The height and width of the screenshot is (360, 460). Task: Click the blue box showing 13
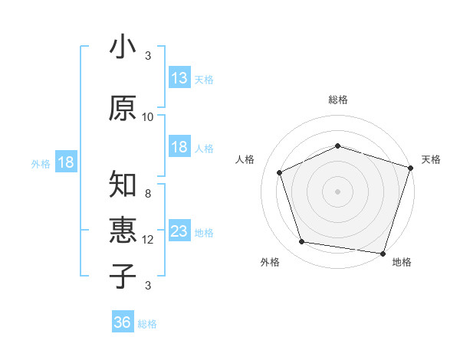[179, 78]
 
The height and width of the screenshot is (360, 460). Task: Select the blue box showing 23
[179, 231]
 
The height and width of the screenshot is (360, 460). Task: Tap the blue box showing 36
[123, 322]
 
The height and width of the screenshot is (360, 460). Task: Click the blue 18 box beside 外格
[65, 162]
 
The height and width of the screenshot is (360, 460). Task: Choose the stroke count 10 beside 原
[148, 117]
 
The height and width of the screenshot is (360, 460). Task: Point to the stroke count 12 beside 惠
[148, 240]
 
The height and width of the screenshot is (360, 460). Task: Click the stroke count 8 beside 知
[148, 194]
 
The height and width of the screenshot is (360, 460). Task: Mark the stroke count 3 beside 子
[148, 286]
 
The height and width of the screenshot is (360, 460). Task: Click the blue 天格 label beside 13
[204, 80]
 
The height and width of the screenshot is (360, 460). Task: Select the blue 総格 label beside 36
[147, 324]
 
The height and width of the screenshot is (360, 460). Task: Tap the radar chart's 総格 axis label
[338, 100]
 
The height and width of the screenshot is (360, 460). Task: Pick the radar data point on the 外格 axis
[302, 242]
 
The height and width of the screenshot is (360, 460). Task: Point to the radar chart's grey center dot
[338, 191]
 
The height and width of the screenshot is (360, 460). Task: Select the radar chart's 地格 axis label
[402, 263]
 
